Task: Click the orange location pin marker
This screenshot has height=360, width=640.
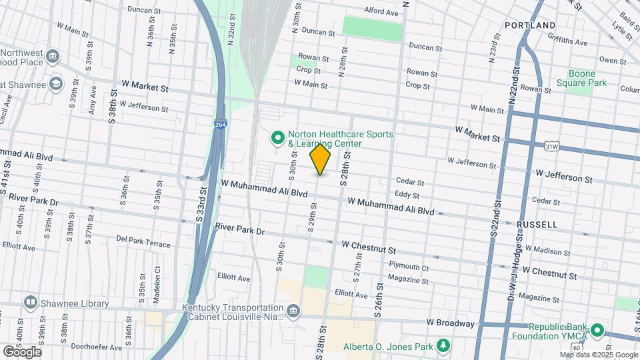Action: (321, 159)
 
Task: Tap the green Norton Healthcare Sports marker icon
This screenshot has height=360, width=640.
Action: (278, 139)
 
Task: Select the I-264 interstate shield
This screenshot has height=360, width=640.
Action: (219, 125)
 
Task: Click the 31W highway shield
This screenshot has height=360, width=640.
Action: (551, 145)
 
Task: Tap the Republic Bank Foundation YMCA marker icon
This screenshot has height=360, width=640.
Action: (598, 331)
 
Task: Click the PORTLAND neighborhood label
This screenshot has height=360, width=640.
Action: (530, 25)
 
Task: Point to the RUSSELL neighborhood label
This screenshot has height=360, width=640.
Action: (537, 225)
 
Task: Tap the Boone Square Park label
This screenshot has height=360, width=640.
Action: (587, 79)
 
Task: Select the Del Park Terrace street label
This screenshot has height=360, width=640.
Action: (143, 241)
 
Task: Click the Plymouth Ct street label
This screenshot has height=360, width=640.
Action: (408, 267)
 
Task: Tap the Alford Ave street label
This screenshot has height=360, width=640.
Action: (381, 12)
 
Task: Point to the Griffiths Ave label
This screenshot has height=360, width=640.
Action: (567, 41)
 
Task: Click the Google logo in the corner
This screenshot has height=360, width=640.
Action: (22, 351)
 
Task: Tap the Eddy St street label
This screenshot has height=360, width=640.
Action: (407, 195)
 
